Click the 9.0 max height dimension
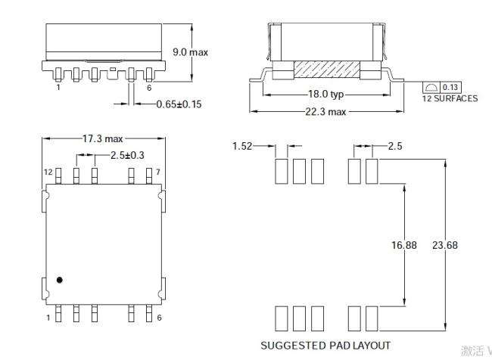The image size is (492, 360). coord(190,52)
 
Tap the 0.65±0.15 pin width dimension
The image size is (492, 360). coord(179,104)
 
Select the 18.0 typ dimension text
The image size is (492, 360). coord(325,94)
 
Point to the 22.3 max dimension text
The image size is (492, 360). coord(325,112)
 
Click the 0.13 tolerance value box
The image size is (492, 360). coord(450,87)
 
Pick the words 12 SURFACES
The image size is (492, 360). coord(450,98)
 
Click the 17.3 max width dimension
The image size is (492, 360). coord(103,138)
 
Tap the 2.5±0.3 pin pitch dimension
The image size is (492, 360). coord(127,155)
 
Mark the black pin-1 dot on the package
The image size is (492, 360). coord(59,280)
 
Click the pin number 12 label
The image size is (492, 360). coord(48,172)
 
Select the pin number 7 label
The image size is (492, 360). coord(158,172)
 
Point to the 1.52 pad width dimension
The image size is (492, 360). coord(242,146)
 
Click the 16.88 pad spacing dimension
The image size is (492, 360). coord(404,245)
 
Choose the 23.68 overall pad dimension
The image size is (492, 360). coord(445,245)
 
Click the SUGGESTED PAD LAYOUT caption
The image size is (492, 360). coord(325,346)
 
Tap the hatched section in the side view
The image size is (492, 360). coord(327,70)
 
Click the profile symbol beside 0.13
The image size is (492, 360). coord(431,87)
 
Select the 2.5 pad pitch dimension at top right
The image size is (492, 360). coord(395,146)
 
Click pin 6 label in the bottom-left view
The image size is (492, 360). coord(159,318)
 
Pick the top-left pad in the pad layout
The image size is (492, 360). coord(282,171)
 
